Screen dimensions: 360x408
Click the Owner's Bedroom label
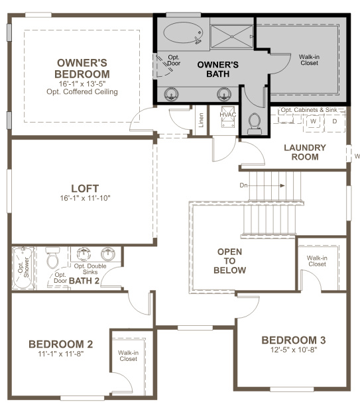point(82,68)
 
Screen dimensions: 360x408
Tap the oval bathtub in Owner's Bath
point(183,32)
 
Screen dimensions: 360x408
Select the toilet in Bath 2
point(53,258)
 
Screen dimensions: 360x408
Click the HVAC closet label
point(227,115)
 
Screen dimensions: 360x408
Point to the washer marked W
point(314,121)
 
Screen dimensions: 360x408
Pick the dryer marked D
point(335,121)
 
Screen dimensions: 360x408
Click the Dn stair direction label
point(243,185)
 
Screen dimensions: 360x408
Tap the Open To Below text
point(229,261)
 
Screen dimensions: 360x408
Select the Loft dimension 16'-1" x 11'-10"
point(85,198)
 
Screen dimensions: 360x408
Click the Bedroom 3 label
point(294,340)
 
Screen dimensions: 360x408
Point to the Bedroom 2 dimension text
point(61,354)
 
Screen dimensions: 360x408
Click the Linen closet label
point(201,120)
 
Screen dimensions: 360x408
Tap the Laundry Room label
point(305,152)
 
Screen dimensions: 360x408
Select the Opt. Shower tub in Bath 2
point(23,268)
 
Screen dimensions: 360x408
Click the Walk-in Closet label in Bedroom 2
point(128,356)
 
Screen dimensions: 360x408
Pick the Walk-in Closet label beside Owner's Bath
point(309,60)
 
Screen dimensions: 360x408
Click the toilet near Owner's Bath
point(255,124)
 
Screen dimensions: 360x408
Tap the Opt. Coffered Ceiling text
point(82,91)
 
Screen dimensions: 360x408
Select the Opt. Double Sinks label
point(90,269)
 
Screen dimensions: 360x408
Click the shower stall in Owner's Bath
point(231,36)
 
